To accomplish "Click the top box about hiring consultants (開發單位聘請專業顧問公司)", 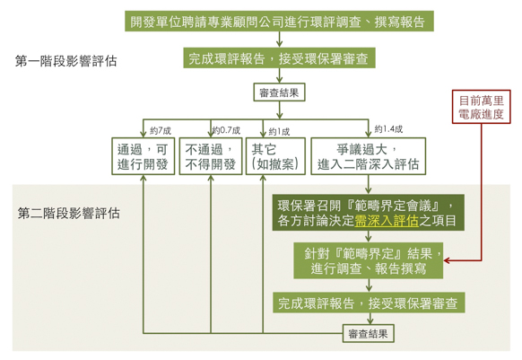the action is pos(279,22).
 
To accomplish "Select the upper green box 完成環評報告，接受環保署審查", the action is pos(279,58).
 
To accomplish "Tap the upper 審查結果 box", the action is pos(279,92).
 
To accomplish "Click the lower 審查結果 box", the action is pos(369,333).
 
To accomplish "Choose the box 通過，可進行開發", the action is pos(144,156).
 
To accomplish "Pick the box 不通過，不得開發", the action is pos(211,156).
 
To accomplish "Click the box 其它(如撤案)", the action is pos(275,156).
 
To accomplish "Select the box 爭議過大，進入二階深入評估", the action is pos(369,156).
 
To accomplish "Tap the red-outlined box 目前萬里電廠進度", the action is pos(481,107).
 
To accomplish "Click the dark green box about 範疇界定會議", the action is pos(369,213).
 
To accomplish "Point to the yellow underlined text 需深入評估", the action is pos(387,221).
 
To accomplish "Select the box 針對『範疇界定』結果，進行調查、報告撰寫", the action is pos(369,260).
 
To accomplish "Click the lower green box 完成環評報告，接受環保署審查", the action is pos(369,303).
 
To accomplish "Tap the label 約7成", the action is pos(161,131).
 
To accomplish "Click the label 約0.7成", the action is pos(226,130).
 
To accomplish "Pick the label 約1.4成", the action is pos(388,129).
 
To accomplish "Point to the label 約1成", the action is pos(279,132).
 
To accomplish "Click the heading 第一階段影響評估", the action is pos(65,61).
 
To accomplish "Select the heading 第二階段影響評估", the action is pos(68,213).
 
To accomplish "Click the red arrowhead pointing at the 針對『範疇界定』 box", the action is pos(447,260).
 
